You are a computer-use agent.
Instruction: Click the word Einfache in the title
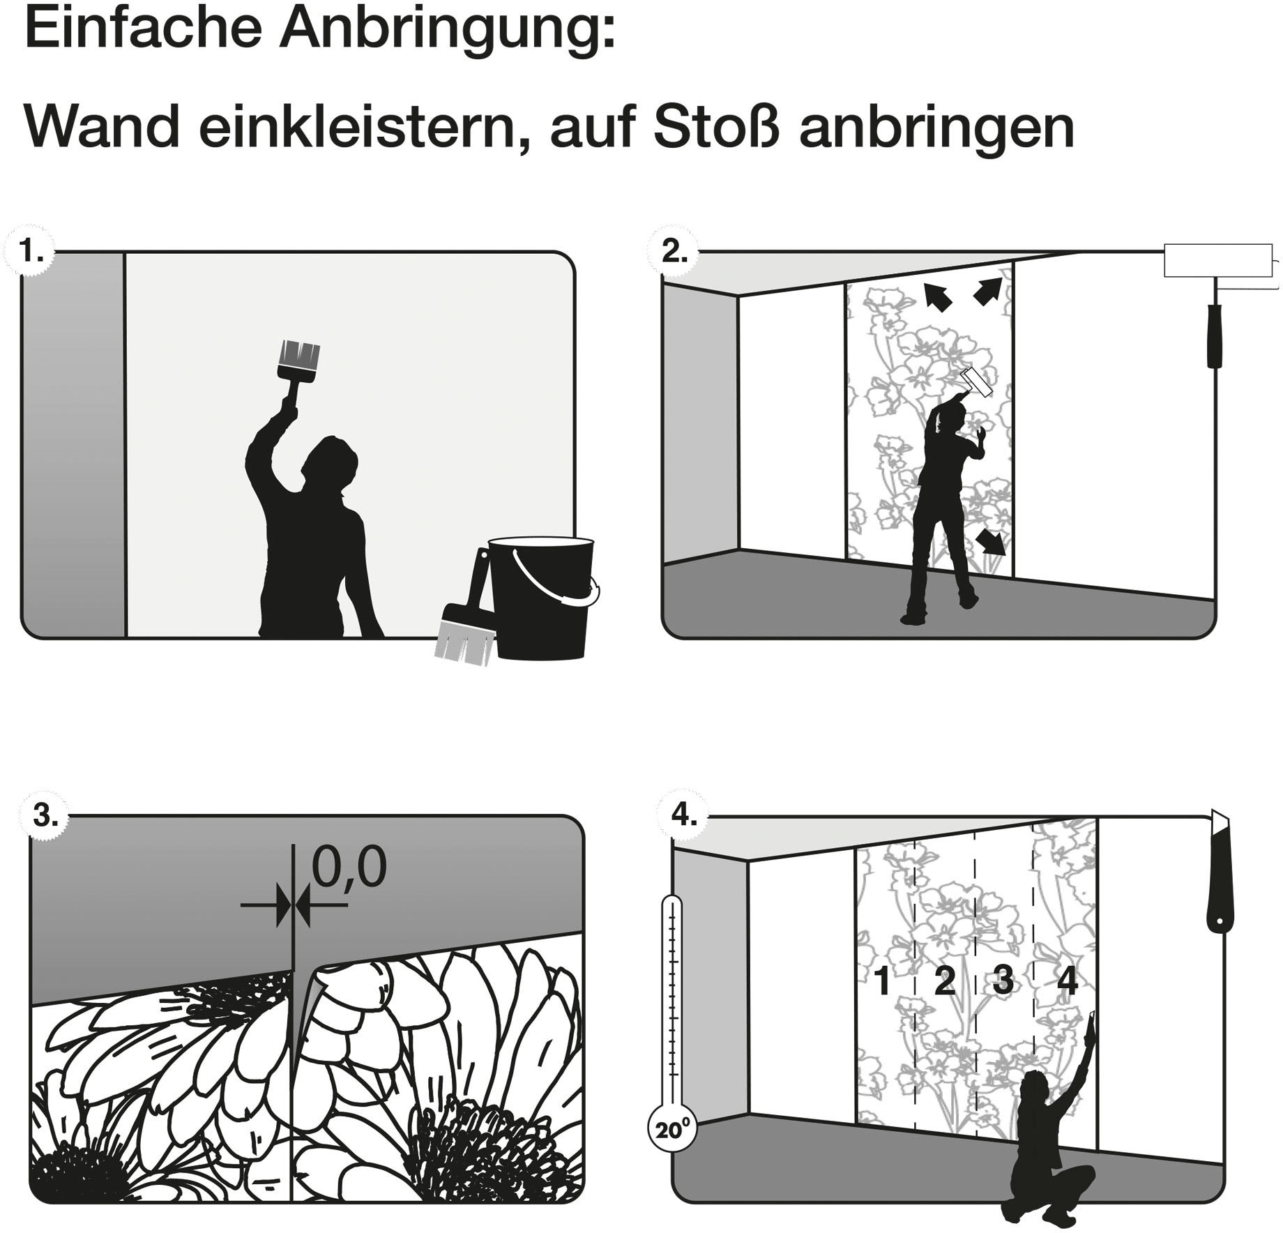143,29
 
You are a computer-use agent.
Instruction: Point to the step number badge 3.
45,815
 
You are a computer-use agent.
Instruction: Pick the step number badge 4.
683,814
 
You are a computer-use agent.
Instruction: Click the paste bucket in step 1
540,597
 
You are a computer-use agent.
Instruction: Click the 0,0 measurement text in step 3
349,868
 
